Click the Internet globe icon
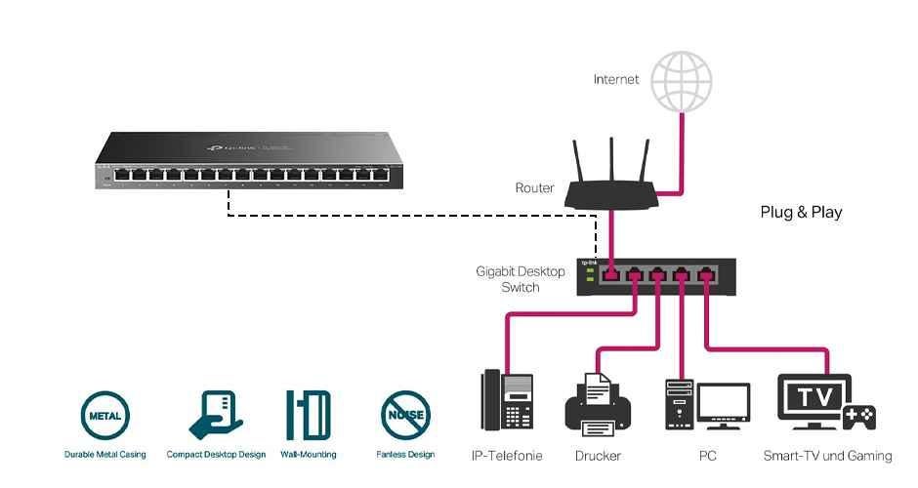click(x=682, y=80)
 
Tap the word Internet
click(x=616, y=79)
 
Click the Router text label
click(x=534, y=188)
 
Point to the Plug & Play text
click(x=801, y=212)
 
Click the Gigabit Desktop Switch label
click(x=520, y=279)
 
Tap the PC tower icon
click(x=680, y=404)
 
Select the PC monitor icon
click(x=724, y=403)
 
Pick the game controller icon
click(x=858, y=417)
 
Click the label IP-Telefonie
click(x=507, y=456)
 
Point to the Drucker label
click(x=598, y=456)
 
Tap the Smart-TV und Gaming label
click(x=827, y=456)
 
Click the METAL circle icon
click(x=104, y=415)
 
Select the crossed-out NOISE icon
click(x=404, y=415)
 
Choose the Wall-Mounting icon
click(x=308, y=415)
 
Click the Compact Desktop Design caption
click(x=216, y=455)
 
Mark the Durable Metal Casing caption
click(x=104, y=455)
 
